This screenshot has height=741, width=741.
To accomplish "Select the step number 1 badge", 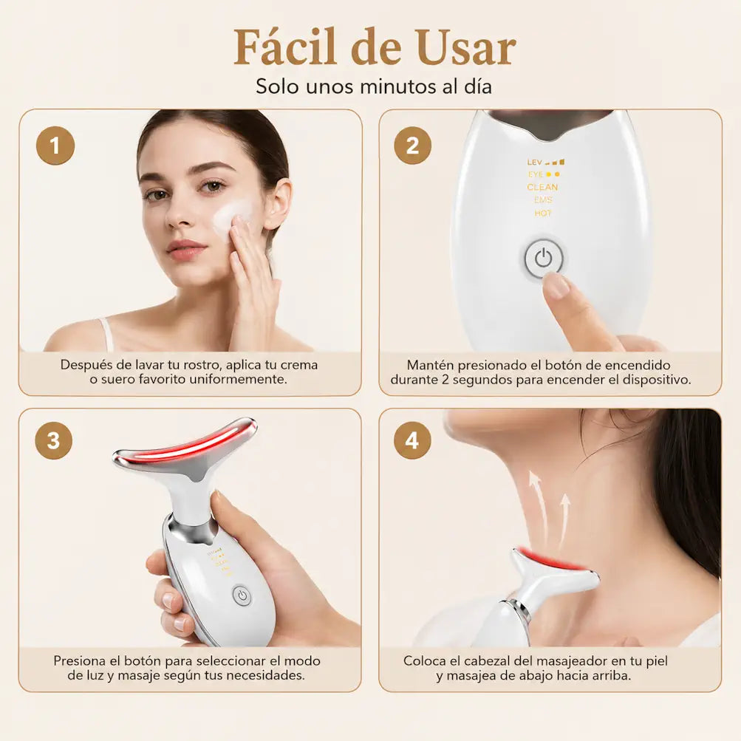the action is click(x=55, y=146).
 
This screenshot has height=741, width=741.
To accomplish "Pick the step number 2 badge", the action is click(x=412, y=146).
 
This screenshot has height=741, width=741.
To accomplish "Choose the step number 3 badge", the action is click(x=54, y=441).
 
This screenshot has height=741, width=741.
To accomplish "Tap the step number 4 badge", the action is click(x=412, y=441).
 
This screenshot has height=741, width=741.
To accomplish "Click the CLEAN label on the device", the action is click(x=542, y=187).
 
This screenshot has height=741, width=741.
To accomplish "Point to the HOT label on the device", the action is click(x=543, y=213).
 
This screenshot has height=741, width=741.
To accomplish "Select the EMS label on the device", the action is click(x=543, y=200).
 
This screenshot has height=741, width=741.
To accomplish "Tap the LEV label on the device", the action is click(x=534, y=162).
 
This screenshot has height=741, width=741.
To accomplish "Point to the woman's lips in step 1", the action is click(x=187, y=250).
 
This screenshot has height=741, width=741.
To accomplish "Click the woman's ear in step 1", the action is click(x=278, y=202).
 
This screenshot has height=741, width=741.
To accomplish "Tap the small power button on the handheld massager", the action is click(x=242, y=595).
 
